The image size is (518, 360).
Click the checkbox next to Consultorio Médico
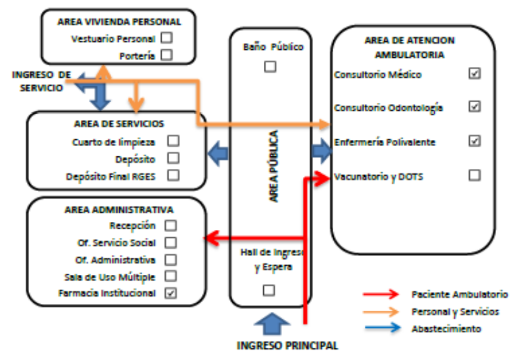pos(475,74)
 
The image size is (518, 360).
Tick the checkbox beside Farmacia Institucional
pos(171,293)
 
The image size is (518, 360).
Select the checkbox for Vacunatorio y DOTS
pos(475,176)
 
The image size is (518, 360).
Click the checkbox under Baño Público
pos(269,67)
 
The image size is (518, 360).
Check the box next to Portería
pos(167,55)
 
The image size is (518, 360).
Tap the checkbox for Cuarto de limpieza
pos(174,141)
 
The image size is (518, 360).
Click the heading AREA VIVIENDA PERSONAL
pos(119,21)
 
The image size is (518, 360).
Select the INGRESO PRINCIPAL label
pos(287,345)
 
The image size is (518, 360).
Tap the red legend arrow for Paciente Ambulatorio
pos(381,294)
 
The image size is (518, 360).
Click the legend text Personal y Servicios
pos(455,311)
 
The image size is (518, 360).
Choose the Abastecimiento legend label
pos(446,328)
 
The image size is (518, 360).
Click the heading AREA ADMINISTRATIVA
pos(115,210)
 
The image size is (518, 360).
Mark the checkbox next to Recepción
pos(171,226)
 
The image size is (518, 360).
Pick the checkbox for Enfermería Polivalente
pos(475,141)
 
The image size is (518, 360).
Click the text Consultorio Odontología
pos(388,108)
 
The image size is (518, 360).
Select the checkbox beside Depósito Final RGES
pos(174,176)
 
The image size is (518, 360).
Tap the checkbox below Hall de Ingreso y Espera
pos(269,290)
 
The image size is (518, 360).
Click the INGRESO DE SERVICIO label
pos(41,81)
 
